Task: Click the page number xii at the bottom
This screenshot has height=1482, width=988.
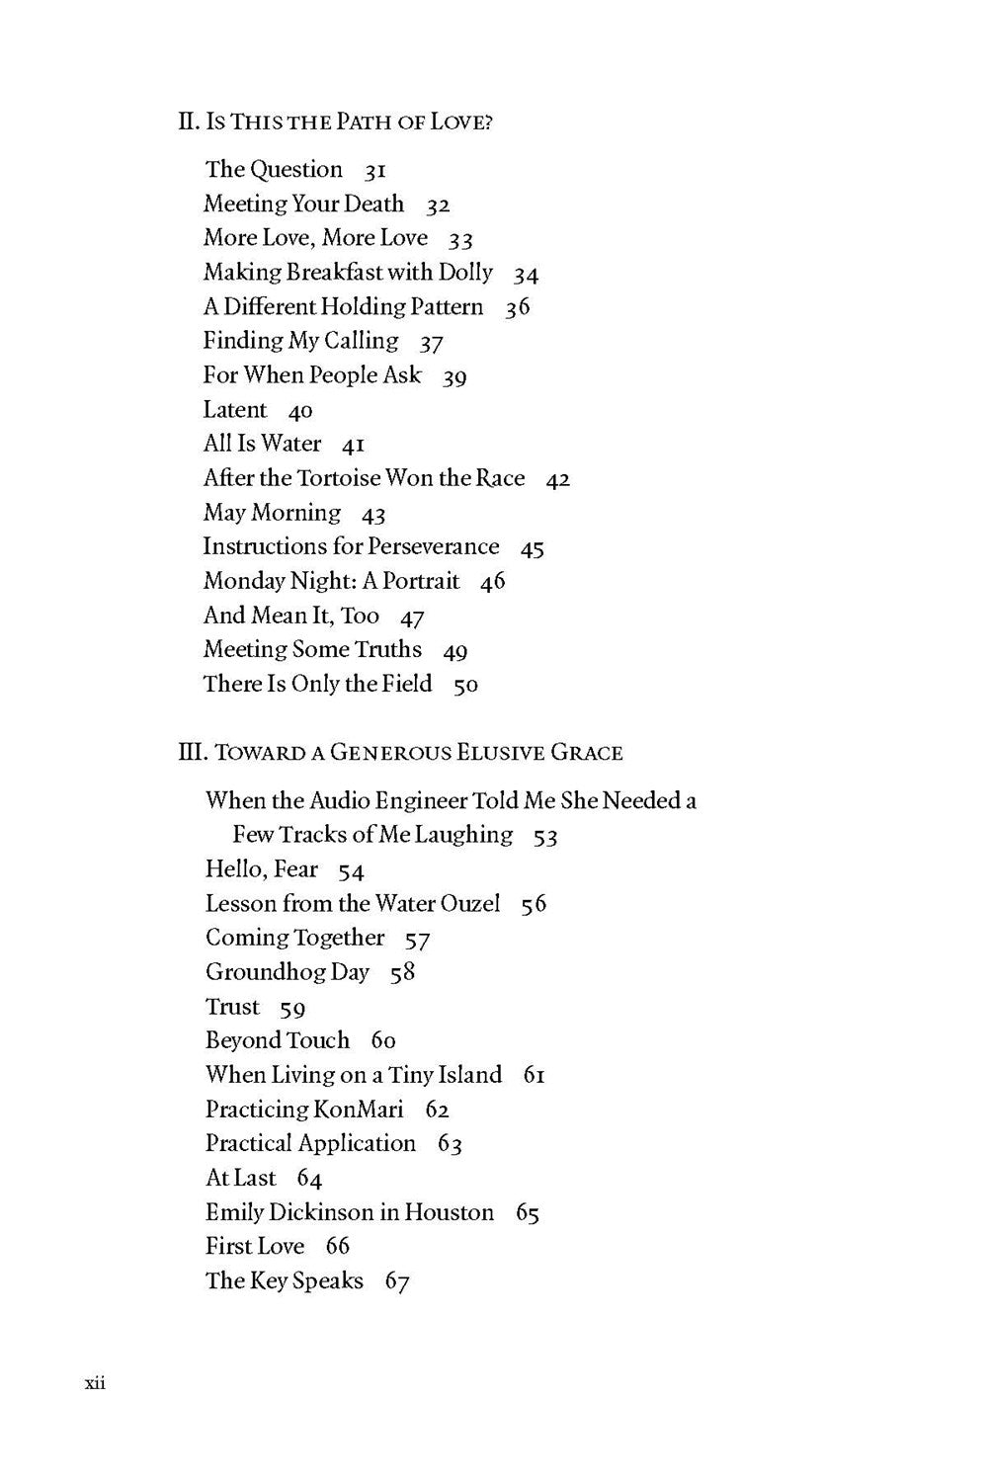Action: tap(95, 1383)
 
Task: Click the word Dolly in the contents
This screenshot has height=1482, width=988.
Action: tap(465, 272)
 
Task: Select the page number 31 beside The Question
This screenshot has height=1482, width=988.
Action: tap(374, 171)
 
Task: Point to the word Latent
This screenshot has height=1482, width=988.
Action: tap(235, 410)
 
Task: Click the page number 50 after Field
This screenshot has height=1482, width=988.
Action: tap(465, 685)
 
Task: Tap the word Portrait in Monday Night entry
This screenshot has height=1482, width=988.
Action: tap(421, 581)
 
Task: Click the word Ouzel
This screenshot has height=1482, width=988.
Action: tap(470, 904)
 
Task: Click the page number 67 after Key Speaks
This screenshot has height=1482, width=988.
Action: tap(397, 1281)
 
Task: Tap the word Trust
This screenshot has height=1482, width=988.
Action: tap(232, 1007)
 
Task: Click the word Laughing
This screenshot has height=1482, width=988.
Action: tap(463, 836)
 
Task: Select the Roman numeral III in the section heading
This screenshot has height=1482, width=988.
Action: tap(189, 753)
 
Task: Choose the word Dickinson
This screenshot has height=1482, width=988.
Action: tap(323, 1212)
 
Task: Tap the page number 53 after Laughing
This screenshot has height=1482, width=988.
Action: tap(545, 837)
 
